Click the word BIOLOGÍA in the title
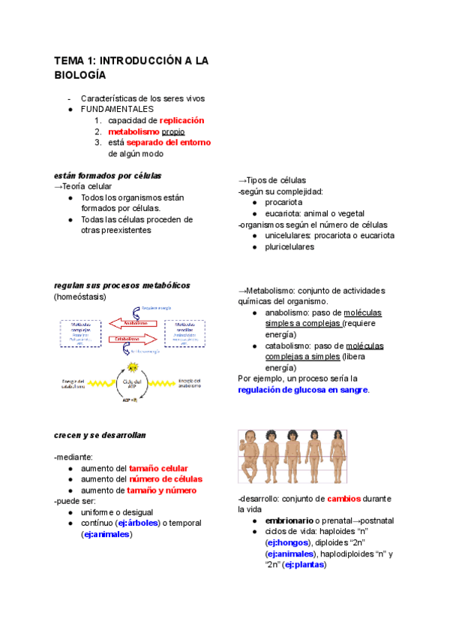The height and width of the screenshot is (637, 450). (x=79, y=75)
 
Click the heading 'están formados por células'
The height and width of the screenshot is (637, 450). (x=108, y=176)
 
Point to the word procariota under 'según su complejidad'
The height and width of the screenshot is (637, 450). (x=283, y=203)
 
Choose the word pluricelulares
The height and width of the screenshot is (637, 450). (x=289, y=246)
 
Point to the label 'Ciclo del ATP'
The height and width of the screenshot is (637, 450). (x=133, y=384)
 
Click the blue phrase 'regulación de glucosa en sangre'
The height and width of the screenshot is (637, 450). (x=303, y=391)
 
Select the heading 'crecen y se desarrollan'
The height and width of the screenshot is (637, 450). (x=100, y=435)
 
